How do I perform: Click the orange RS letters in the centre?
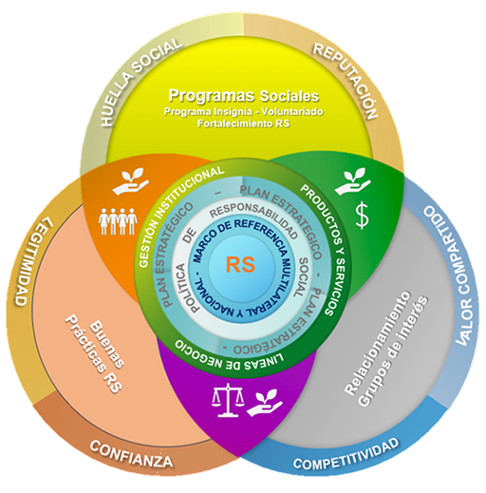pos(240,265)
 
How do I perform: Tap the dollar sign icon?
pos(362,216)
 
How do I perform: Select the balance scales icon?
pos(228,400)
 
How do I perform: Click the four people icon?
pos(118,221)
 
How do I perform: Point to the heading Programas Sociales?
pos(244,96)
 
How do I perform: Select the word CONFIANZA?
pos(131,454)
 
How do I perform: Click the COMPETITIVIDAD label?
pos(346,454)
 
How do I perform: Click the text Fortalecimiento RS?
pos(243,123)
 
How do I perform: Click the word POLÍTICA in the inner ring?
pos(187,288)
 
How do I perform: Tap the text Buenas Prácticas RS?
pos(94,353)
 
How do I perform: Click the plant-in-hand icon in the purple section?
pos(264,405)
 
